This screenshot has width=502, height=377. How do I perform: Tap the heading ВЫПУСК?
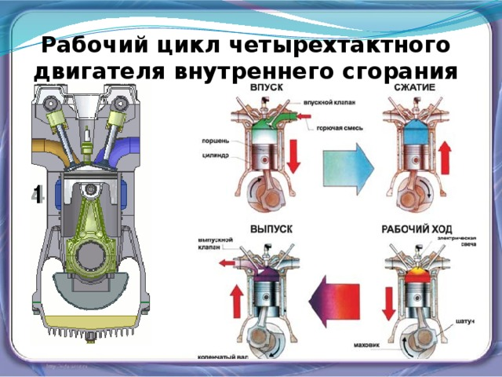click(271, 229)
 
